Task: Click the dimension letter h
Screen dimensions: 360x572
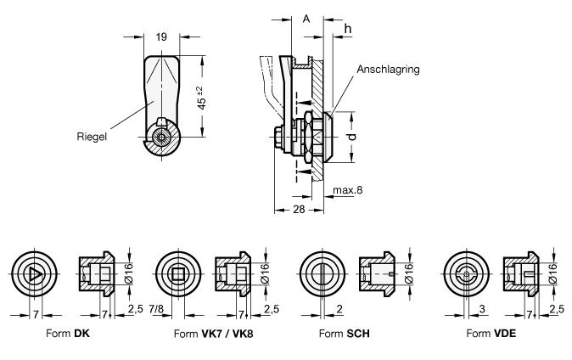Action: pos(348,29)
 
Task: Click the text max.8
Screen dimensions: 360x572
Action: pos(348,190)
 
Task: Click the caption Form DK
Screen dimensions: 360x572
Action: pos(69,335)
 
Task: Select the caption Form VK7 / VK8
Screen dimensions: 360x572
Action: pos(213,335)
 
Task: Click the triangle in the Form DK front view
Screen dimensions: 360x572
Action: pos(33,274)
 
